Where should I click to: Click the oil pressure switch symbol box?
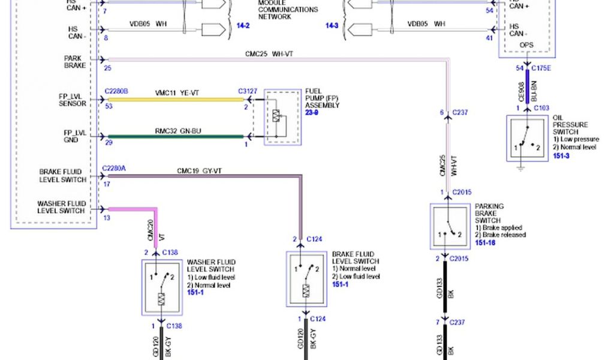pos(527,139)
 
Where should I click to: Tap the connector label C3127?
pos(248,91)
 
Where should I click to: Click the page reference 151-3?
pos(561,155)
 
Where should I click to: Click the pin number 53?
pos(109,106)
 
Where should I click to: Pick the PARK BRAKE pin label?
pos(75,62)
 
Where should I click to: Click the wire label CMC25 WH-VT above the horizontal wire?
pos(269,54)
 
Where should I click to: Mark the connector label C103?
pos(541,108)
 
